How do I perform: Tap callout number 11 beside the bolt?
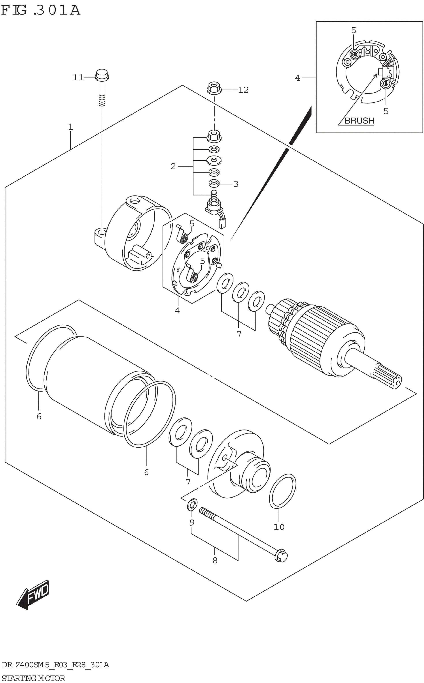[x=78, y=77]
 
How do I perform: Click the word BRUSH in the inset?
[x=359, y=121]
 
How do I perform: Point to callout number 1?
[x=70, y=127]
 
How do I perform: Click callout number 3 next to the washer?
[x=236, y=184]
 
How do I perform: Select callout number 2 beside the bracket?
[x=173, y=166]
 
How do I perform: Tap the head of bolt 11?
[x=102, y=75]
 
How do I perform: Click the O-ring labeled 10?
[x=282, y=491]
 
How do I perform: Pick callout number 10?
[x=279, y=527]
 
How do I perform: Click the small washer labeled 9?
[x=192, y=505]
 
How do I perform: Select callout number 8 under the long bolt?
[x=215, y=560]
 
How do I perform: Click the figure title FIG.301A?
[x=41, y=10]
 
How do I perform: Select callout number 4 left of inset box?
[x=297, y=78]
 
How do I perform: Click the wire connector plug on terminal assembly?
[x=222, y=223]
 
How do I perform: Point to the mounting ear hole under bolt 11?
[x=102, y=231]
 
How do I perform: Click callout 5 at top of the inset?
[x=354, y=30]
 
